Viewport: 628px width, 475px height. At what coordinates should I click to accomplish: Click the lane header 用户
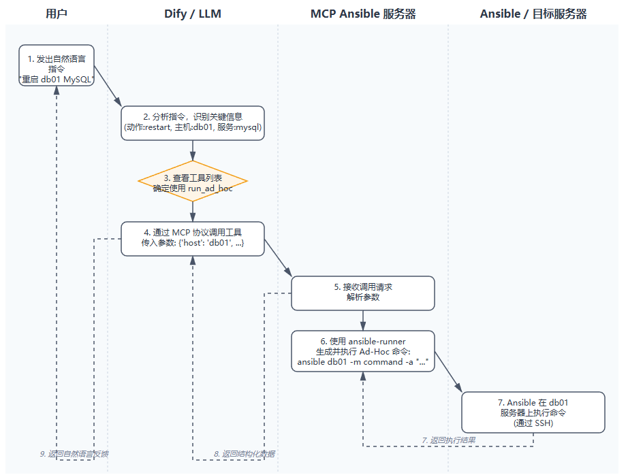tap(57, 14)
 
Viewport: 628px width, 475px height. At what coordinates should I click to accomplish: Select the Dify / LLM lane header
tap(193, 14)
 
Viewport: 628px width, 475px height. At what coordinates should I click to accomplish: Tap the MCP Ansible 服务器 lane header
tap(363, 14)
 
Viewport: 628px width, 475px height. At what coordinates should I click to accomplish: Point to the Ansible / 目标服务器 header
tap(533, 14)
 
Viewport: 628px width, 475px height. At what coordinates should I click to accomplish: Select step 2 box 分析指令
tap(193, 122)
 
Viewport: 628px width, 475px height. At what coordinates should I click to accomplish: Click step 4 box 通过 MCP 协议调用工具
tap(193, 238)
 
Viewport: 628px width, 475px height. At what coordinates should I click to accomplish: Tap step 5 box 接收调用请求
tap(363, 293)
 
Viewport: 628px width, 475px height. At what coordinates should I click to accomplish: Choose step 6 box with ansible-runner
tap(363, 351)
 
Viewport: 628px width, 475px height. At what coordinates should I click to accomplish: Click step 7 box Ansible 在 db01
tap(533, 412)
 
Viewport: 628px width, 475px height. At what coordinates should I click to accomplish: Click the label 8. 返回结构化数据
tap(245, 453)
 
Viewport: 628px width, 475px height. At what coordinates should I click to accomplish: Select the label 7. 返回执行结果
tap(449, 440)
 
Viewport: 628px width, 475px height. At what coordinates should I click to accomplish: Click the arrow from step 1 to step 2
tap(108, 86)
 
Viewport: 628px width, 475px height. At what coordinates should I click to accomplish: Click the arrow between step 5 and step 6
tap(363, 320)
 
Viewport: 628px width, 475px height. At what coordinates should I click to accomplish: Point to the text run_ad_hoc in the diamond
tap(210, 188)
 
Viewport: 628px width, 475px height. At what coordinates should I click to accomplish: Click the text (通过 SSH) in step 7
tap(533, 423)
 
